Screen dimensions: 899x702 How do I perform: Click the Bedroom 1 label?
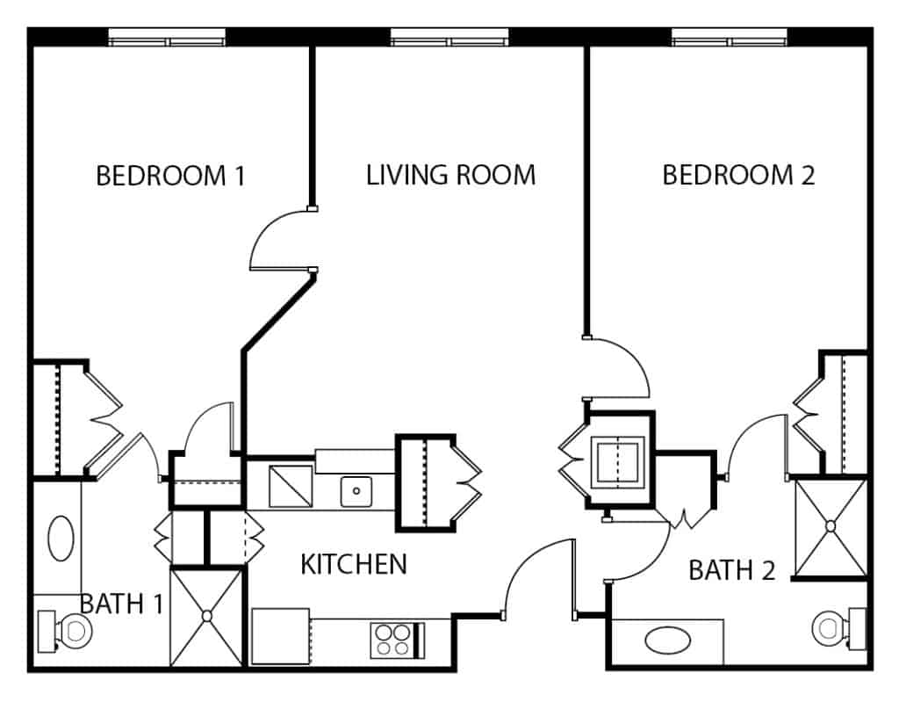(170, 176)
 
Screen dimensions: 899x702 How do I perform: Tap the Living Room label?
(450, 175)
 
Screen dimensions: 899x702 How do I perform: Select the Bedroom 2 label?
(738, 175)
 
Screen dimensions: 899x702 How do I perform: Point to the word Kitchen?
(354, 564)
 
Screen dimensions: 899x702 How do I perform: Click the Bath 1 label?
(121, 604)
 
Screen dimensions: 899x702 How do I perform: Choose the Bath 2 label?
(731, 570)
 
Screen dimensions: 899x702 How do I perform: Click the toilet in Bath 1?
(65, 630)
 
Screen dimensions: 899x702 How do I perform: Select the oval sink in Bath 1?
(61, 539)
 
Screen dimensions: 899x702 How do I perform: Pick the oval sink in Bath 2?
(667, 640)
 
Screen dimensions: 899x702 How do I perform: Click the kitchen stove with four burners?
(398, 640)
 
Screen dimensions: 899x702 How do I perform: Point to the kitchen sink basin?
(356, 491)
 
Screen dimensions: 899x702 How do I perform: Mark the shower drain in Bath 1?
(207, 616)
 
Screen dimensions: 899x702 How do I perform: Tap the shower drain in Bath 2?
(831, 525)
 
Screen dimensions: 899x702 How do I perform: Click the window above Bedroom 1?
(167, 38)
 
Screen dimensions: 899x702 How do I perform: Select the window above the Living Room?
(449, 38)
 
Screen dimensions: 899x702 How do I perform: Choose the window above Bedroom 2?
(730, 38)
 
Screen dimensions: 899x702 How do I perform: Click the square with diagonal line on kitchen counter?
(291, 486)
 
